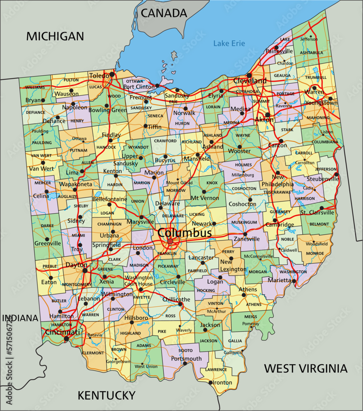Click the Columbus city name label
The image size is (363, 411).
coord(185,233)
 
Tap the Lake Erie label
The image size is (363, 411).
coord(229,43)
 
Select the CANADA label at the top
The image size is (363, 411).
coord(164,13)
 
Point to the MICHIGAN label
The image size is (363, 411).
coord(55,36)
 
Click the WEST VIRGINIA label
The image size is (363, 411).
coord(305,368)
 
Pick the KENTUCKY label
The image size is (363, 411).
coord(106,395)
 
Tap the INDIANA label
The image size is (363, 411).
coord(20,318)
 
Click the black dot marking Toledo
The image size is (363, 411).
coord(112,75)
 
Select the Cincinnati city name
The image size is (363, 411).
coord(62,332)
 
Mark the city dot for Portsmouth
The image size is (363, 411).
coord(185,363)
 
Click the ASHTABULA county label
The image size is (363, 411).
coord(311,53)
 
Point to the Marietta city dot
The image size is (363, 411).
coord(294,281)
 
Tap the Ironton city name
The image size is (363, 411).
coord(222,383)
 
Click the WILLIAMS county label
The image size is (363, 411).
coord(35,88)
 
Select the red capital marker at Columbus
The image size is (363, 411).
coord(170,241)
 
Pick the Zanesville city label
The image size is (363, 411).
coord(247,239)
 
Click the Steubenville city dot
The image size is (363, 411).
coord(337,175)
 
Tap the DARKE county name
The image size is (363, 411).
coord(48,226)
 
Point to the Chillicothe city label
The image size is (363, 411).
coord(177,299)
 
